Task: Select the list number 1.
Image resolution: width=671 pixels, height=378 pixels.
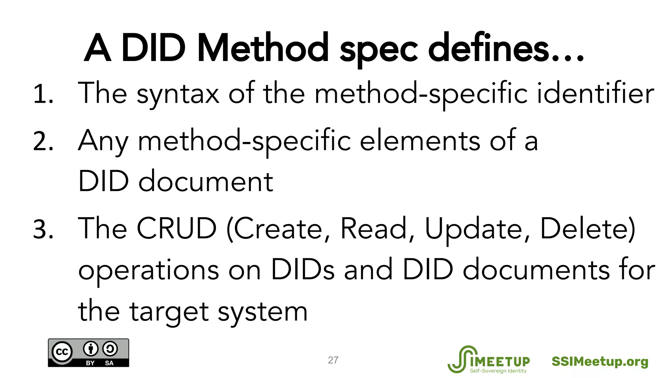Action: click(x=43, y=94)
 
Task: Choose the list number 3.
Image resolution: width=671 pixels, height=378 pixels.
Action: click(x=43, y=229)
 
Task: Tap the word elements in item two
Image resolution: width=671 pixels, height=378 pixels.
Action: click(x=420, y=141)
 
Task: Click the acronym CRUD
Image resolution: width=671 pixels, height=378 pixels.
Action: click(x=177, y=229)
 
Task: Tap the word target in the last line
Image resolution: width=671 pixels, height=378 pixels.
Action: click(x=169, y=312)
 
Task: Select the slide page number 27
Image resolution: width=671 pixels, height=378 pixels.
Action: click(x=333, y=360)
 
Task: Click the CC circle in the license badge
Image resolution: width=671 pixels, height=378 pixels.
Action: click(x=62, y=352)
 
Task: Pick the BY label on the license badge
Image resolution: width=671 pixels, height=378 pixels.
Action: click(x=90, y=363)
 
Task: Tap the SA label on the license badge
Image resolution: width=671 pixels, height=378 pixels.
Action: click(x=109, y=363)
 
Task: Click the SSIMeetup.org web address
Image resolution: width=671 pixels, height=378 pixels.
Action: click(x=600, y=362)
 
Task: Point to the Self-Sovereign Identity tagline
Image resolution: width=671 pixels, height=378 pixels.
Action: click(x=498, y=371)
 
